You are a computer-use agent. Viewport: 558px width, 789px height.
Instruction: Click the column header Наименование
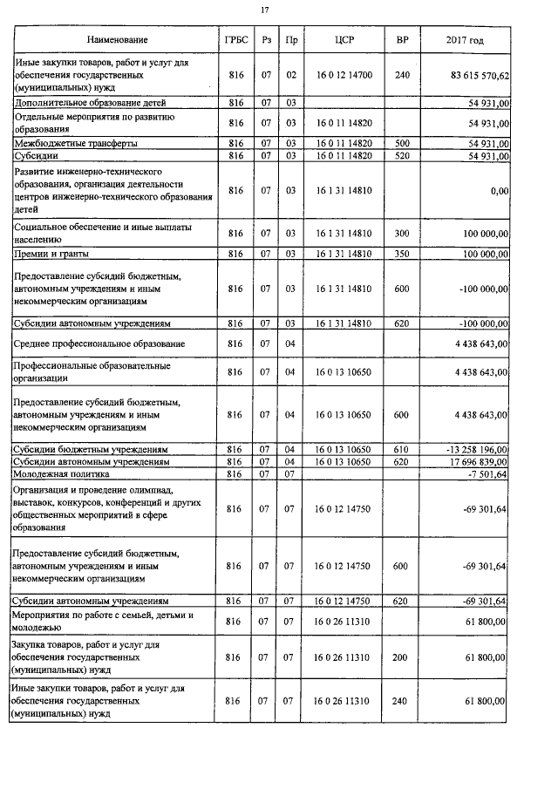tap(117, 40)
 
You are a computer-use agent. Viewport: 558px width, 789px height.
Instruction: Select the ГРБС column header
tap(233, 40)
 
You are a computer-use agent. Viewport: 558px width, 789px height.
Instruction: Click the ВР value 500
tap(402, 142)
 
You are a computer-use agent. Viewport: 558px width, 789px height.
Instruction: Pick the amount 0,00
tap(500, 190)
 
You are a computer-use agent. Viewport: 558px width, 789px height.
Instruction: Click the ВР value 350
tap(402, 254)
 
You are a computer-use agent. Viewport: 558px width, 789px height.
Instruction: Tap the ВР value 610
tap(402, 449)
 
